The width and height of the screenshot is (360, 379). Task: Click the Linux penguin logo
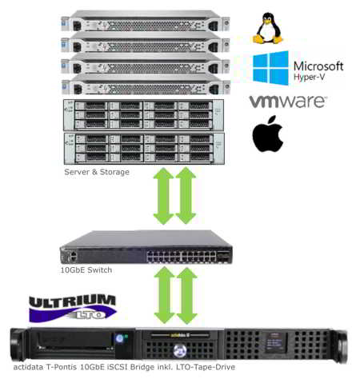tap(267, 28)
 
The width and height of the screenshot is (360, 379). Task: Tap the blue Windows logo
tap(270, 68)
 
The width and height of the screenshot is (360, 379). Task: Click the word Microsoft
tap(318, 66)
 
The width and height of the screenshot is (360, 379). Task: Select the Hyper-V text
tap(309, 78)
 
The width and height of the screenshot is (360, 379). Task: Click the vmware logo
tap(288, 102)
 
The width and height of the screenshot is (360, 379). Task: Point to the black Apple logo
tap(267, 134)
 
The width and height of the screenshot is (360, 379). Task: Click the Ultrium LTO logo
tap(73, 308)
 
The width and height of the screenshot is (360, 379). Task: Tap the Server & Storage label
tap(97, 172)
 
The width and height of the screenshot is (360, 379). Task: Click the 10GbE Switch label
tap(86, 270)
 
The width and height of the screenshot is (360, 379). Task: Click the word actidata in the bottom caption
tap(29, 367)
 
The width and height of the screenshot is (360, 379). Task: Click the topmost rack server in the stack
tap(146, 21)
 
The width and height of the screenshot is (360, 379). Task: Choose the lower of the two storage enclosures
tap(144, 149)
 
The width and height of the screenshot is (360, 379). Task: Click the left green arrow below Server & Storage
tap(164, 196)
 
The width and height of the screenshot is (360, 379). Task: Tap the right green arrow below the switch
tap(186, 296)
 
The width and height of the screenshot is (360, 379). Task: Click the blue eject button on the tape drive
tap(120, 338)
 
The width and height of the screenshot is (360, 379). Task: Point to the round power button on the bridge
tap(180, 350)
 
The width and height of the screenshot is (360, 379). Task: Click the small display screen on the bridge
tap(275, 343)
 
